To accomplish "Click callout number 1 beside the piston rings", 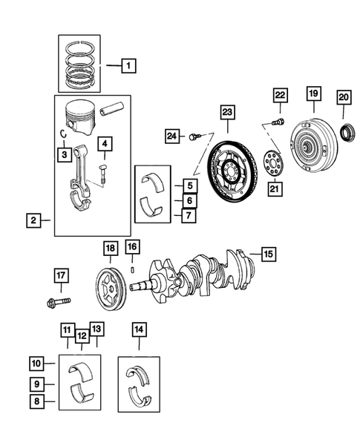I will click(x=128, y=67).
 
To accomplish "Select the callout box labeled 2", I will click(x=33, y=220).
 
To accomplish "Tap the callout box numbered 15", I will click(x=266, y=254).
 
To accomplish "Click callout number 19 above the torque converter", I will click(x=313, y=94).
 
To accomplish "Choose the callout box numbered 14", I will click(x=139, y=327).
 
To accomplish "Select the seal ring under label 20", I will click(x=347, y=134).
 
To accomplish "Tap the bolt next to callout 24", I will click(x=194, y=137).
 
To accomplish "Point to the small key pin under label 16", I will click(x=131, y=270).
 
